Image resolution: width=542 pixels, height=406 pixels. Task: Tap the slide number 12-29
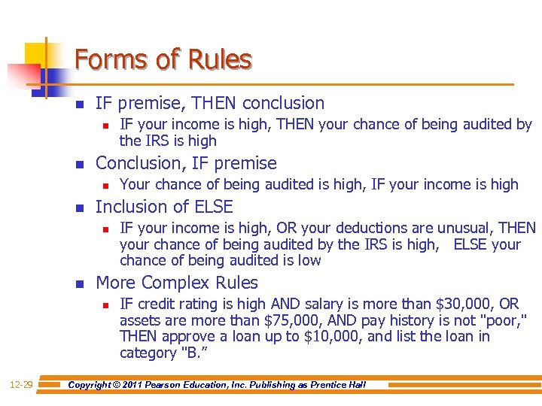(20, 385)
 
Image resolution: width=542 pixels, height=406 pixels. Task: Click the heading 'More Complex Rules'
(177, 283)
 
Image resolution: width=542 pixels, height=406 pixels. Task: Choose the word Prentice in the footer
(327, 385)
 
